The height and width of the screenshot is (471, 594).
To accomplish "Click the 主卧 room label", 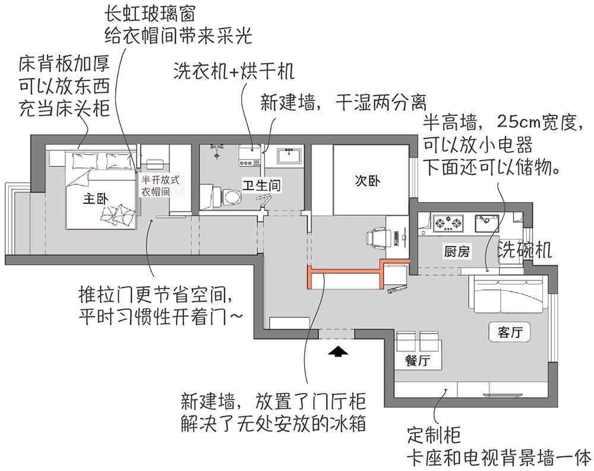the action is [x=96, y=199].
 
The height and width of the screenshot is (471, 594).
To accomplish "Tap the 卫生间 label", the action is [x=262, y=186].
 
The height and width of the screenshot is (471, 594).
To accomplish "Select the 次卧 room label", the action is [x=368, y=181].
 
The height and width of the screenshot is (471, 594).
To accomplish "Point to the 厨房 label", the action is [x=457, y=251].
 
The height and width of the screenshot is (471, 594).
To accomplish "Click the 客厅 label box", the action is [x=510, y=332].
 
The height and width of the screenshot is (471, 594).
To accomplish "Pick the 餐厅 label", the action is [x=418, y=360].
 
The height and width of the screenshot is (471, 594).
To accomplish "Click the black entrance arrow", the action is [x=338, y=351].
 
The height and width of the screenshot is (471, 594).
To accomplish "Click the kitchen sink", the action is [x=486, y=224].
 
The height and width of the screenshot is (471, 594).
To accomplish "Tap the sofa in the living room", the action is [x=508, y=294].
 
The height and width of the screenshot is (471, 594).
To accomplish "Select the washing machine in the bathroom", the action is [x=250, y=155].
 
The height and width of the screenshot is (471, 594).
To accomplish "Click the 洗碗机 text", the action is [x=525, y=250].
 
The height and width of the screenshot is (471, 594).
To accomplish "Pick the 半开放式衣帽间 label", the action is [x=160, y=186].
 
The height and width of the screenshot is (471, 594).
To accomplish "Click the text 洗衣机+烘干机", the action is [x=234, y=71].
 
